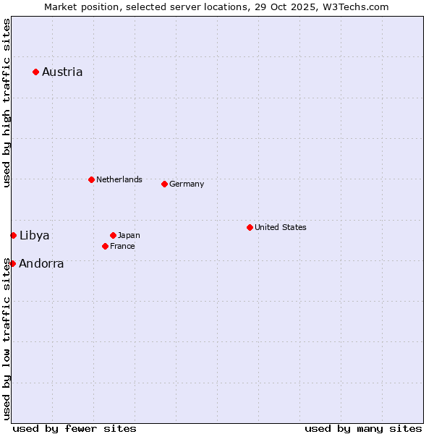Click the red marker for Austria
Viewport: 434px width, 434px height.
click(35, 72)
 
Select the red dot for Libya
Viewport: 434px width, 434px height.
click(13, 235)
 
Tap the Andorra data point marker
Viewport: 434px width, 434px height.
click(12, 263)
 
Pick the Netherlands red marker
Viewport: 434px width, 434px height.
click(91, 179)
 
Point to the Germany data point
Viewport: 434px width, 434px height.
click(164, 184)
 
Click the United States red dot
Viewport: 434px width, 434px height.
click(250, 227)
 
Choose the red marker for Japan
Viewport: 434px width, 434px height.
click(113, 235)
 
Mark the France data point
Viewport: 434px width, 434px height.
click(105, 246)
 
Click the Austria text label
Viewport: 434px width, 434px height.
click(62, 72)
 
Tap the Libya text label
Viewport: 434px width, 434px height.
click(35, 235)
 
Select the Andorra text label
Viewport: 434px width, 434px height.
click(41, 264)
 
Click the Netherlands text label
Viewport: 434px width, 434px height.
click(119, 179)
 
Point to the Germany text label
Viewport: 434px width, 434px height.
click(187, 184)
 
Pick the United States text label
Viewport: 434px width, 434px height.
click(281, 227)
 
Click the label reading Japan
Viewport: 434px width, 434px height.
click(129, 235)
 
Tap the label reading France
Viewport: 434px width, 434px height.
click(122, 246)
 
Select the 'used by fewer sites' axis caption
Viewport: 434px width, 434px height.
click(75, 428)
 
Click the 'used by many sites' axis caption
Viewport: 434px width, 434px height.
click(363, 428)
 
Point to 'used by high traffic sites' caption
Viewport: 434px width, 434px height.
click(7, 103)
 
